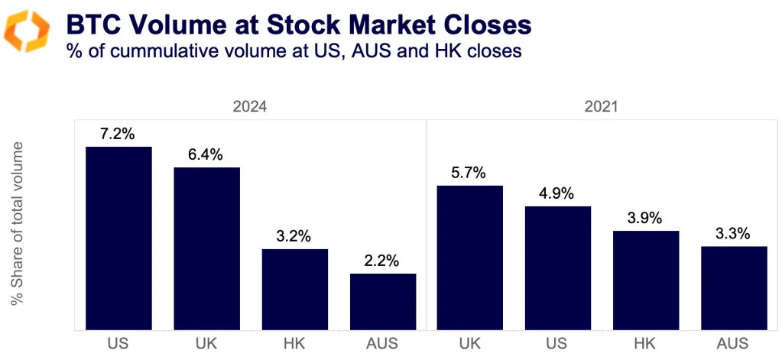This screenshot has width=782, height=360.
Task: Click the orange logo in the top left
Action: pos(27,31)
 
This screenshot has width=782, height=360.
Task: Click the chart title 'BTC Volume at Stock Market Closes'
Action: pos(298,24)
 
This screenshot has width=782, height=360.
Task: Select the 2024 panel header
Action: pos(250,107)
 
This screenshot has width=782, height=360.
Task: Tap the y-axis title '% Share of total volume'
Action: pos(18,224)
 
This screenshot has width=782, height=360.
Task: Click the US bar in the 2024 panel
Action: pos(118,238)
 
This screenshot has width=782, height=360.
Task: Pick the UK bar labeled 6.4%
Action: pos(206,248)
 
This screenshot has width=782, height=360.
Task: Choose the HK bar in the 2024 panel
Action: pos(295,289)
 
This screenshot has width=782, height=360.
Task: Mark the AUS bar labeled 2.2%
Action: pos(383,301)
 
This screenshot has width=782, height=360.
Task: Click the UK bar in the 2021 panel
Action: pos(470,258)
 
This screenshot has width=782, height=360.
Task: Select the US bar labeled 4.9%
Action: pos(558,268)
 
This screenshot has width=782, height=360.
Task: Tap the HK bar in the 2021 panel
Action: pos(646,280)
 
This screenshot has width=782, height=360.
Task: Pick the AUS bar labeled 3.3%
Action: pos(734,287)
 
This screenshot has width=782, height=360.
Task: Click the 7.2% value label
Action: pos(118,134)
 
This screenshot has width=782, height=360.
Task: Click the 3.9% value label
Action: pos(646,218)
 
